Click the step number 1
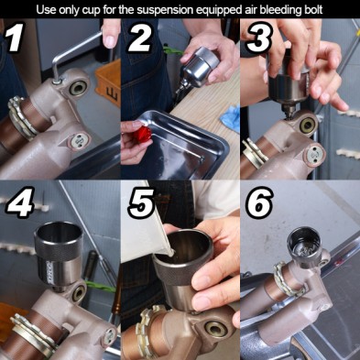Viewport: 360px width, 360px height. (x=13, y=39)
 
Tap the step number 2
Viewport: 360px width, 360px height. (x=139, y=38)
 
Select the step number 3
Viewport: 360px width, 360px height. (x=259, y=38)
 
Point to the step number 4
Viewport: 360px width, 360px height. (x=20, y=202)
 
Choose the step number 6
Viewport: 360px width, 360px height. (x=259, y=202)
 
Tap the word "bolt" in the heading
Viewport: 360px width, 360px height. (x=312, y=9)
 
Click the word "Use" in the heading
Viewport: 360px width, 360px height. (x=46, y=10)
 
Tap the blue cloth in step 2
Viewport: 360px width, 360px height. (x=230, y=118)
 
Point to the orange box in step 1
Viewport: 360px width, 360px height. (x=108, y=82)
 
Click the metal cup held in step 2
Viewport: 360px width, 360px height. (x=199, y=67)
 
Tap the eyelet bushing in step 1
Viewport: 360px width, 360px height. (x=77, y=88)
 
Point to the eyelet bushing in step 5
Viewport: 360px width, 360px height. (x=215, y=330)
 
